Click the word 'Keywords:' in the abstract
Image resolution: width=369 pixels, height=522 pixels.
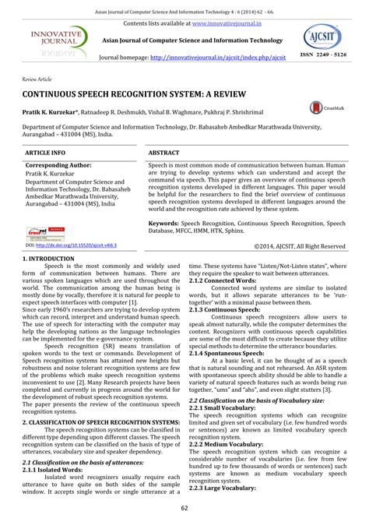[166, 223]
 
